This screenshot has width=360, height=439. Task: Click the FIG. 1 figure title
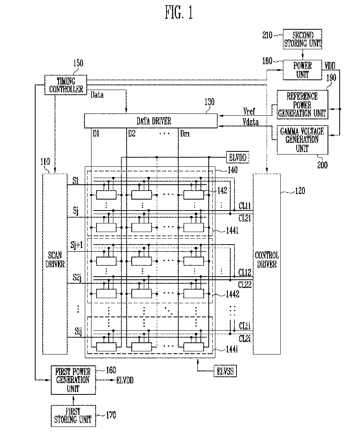179,13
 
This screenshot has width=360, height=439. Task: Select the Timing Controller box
66,85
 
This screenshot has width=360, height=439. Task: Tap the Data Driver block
151,121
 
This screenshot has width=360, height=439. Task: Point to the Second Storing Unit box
303,39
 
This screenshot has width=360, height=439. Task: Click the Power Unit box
303,70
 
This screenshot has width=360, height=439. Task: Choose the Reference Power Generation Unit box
303,105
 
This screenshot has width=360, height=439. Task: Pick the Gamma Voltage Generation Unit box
303,140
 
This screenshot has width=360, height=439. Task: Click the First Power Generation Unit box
73,380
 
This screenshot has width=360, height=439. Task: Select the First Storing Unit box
73,416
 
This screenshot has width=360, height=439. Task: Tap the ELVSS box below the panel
225,371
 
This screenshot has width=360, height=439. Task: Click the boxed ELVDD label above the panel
237,157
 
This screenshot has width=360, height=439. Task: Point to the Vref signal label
249,112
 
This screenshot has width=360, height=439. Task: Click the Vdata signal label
250,122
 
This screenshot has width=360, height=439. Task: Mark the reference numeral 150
78,63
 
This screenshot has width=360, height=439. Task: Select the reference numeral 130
210,102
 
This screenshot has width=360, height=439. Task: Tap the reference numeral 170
111,415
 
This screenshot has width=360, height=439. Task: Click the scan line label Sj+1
76,245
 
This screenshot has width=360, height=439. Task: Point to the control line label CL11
245,206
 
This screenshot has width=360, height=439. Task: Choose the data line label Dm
184,133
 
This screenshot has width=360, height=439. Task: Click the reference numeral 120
300,191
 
